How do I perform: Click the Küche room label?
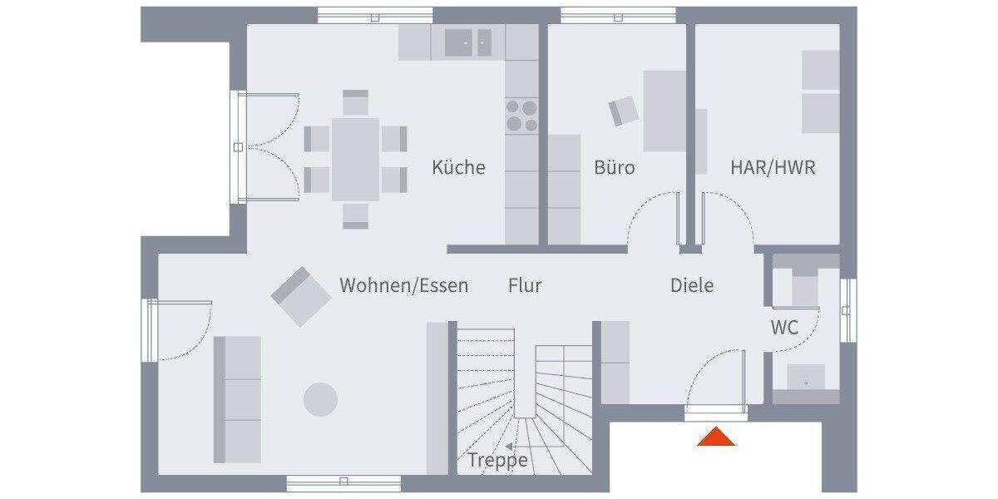(x=458, y=167)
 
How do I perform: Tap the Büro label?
(x=615, y=167)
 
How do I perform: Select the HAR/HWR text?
(x=773, y=167)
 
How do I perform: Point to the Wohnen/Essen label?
(x=403, y=285)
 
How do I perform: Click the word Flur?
(x=525, y=285)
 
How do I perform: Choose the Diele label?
(x=692, y=285)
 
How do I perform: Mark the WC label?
(x=784, y=328)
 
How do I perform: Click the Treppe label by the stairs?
(x=497, y=460)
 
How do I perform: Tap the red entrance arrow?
(x=716, y=436)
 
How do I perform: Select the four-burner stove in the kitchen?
(x=522, y=115)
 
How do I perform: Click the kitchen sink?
(x=468, y=42)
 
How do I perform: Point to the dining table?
(x=356, y=159)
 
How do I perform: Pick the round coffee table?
(x=320, y=399)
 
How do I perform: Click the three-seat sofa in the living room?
(x=238, y=399)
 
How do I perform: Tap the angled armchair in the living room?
(x=299, y=295)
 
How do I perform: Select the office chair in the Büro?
(x=624, y=111)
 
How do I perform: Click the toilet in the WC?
(x=805, y=286)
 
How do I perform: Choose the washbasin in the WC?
(x=805, y=378)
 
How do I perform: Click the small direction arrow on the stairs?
(x=508, y=446)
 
